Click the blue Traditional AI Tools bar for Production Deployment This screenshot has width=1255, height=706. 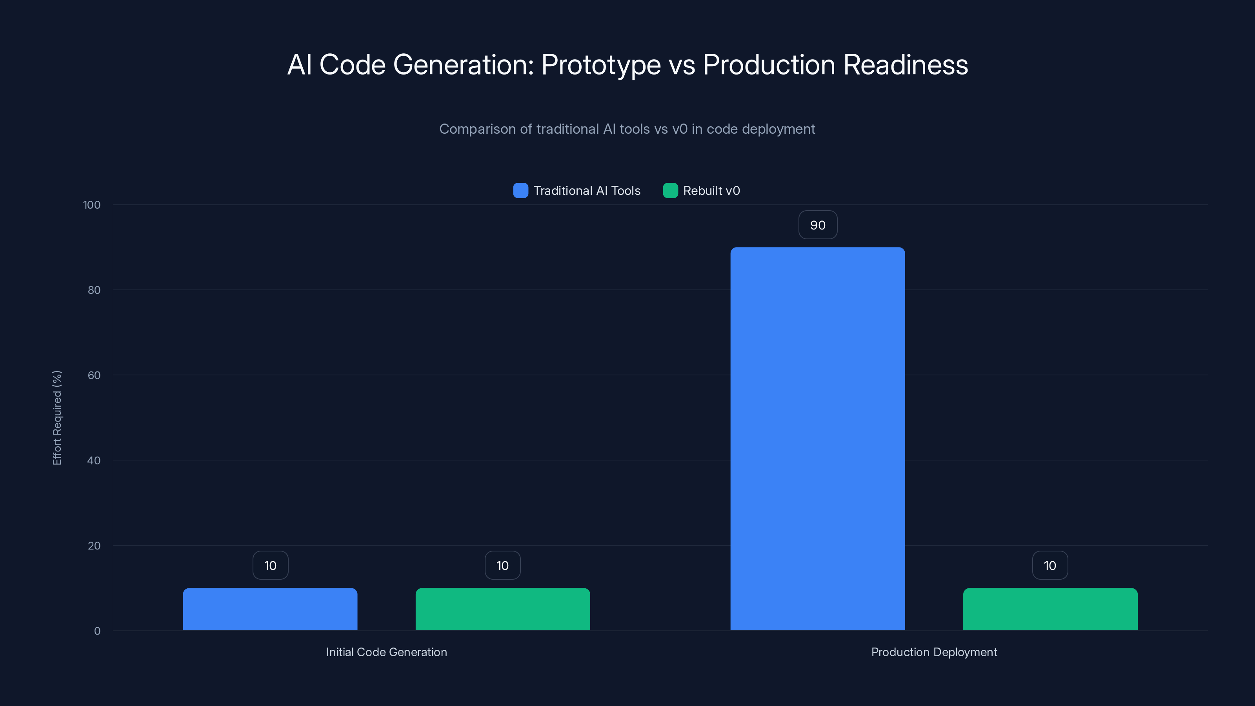(817, 439)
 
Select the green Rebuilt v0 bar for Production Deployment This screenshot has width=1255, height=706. (1050, 609)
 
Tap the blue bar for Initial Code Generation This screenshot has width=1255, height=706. (270, 609)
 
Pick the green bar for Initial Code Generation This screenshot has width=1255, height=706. (502, 609)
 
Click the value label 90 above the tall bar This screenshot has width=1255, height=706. (817, 225)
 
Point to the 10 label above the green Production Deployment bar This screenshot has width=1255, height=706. (1050, 565)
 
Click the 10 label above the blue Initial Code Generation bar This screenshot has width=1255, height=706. (270, 565)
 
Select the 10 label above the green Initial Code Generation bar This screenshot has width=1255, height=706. (502, 565)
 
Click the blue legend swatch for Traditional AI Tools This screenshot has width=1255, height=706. (520, 191)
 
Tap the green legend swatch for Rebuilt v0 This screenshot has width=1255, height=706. (670, 191)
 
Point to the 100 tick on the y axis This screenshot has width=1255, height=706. (92, 205)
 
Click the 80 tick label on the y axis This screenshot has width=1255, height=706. (94, 290)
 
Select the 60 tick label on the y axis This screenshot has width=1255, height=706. (94, 375)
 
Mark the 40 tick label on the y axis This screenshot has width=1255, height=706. (94, 460)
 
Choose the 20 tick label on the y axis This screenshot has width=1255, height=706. (94, 546)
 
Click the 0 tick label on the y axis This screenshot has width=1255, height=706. (97, 631)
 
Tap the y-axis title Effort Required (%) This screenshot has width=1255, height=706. (57, 418)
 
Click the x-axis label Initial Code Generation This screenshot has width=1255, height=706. (386, 652)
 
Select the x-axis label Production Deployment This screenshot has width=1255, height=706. (934, 652)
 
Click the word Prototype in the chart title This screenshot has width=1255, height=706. (601, 65)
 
